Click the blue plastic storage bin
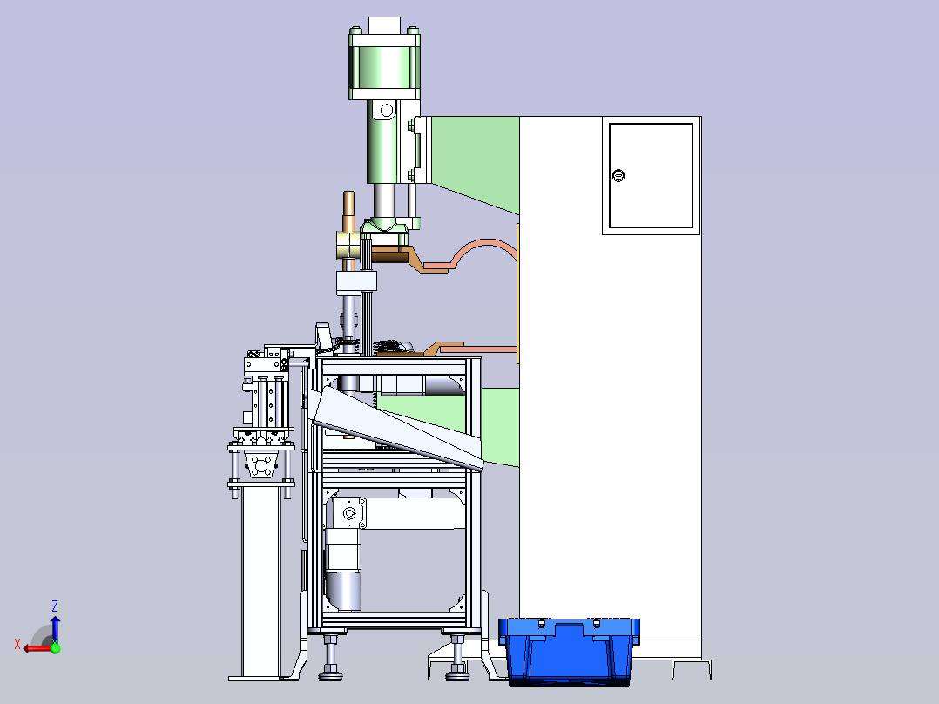click(569, 651)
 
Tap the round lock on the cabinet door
click(618, 175)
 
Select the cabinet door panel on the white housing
click(651, 175)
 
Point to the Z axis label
click(55, 606)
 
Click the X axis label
click(17, 644)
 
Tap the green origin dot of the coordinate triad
click(56, 647)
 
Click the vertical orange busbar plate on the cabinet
click(517, 294)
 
